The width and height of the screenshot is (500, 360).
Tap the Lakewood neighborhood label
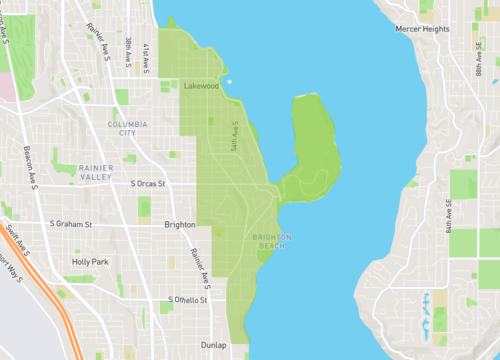201,86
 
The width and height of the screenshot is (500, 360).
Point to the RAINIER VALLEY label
97,172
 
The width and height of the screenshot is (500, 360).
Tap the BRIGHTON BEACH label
272,242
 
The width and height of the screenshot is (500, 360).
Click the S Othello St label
188,299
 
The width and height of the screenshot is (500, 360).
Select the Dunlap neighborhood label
214,342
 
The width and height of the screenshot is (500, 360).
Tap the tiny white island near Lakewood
229,81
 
